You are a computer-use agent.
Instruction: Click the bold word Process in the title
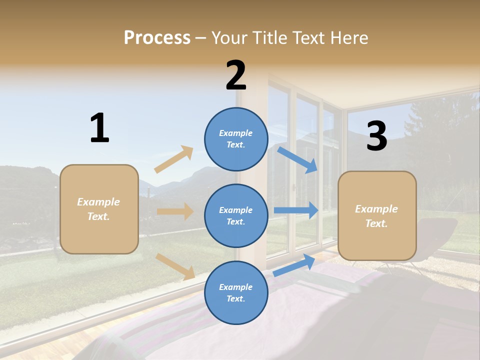(157, 37)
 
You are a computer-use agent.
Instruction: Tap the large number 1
(99, 128)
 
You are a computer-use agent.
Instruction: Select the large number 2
(236, 75)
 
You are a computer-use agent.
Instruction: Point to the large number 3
(376, 136)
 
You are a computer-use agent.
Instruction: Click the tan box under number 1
(99, 209)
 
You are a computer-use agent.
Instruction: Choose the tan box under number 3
(377, 215)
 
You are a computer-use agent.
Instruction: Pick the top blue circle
(236, 139)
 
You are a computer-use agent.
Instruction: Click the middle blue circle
(236, 215)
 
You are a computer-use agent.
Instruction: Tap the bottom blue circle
(236, 292)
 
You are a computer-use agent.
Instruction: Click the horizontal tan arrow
(175, 211)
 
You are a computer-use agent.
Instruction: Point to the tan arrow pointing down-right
(175, 266)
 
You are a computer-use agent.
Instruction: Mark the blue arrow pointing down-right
(297, 160)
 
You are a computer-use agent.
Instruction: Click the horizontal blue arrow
(295, 210)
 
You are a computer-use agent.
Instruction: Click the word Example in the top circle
(236, 133)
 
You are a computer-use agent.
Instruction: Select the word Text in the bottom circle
(235, 298)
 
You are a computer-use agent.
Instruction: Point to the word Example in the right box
(376, 209)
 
